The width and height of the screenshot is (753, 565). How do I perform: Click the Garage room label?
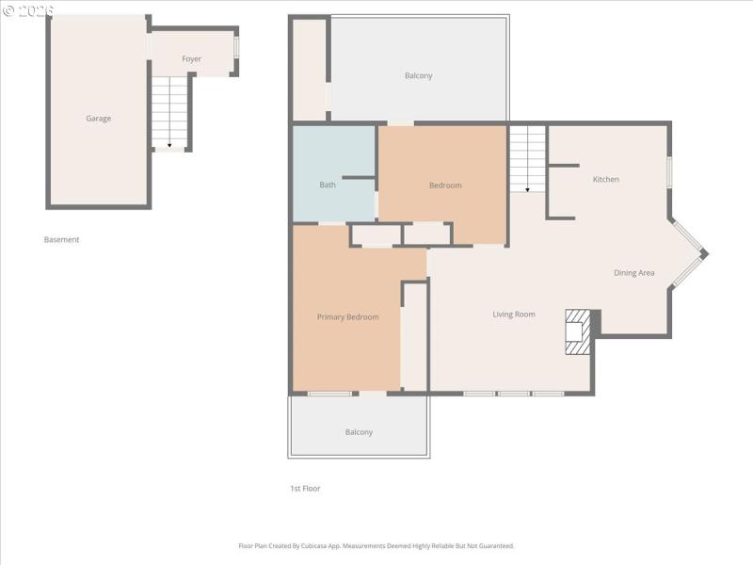click(99, 119)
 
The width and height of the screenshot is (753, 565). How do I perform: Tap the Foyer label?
click(191, 59)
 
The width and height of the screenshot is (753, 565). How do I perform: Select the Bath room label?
click(328, 185)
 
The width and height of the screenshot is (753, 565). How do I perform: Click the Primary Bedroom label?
click(347, 317)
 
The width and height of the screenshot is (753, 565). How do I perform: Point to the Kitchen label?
click(605, 179)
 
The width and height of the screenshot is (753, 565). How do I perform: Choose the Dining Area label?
click(633, 273)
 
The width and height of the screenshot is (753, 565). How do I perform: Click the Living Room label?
click(514, 315)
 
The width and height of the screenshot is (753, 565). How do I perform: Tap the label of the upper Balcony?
click(418, 76)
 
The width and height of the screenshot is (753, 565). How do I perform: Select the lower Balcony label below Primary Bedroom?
click(359, 432)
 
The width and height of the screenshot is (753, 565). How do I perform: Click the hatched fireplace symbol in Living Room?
click(576, 331)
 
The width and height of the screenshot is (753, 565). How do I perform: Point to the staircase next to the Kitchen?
click(527, 159)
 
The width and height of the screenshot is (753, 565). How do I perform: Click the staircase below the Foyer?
click(169, 112)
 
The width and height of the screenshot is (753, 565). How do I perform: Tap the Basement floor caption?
click(62, 240)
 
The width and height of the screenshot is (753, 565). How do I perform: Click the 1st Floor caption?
click(305, 489)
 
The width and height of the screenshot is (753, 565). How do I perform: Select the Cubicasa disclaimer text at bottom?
click(376, 546)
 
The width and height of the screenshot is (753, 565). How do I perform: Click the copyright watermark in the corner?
click(28, 9)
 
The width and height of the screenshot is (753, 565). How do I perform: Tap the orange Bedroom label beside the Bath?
click(445, 186)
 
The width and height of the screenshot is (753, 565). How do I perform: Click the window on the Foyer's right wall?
click(236, 46)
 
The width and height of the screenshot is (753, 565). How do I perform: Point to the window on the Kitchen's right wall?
click(669, 172)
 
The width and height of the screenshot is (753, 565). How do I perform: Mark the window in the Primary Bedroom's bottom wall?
click(329, 393)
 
